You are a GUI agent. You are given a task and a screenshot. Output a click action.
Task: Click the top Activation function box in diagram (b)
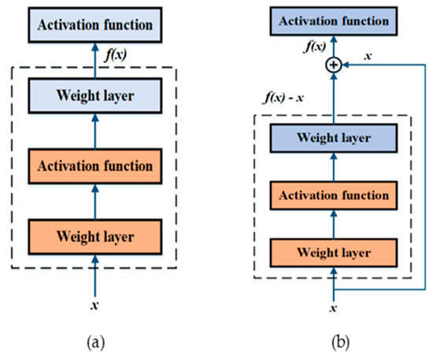[334, 18]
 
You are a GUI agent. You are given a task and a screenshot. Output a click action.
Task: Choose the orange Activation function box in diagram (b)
[334, 194]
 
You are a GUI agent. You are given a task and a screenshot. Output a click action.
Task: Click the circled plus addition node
[334, 67]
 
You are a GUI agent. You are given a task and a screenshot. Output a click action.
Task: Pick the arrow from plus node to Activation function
[334, 46]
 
